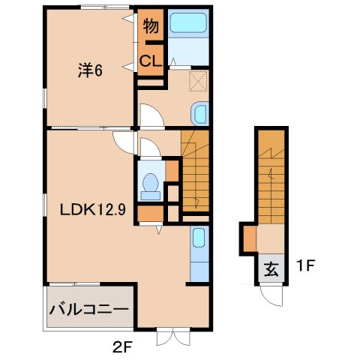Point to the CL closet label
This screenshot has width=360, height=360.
tap(150, 62)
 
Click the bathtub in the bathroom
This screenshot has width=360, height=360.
tap(187, 22)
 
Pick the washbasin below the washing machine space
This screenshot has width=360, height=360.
tap(199, 114)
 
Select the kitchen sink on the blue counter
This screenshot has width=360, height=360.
tap(199, 239)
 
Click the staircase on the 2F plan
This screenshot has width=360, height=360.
tap(195, 172)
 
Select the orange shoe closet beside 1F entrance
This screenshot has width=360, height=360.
tap(248, 239)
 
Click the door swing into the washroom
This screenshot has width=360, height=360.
tap(150, 115)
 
